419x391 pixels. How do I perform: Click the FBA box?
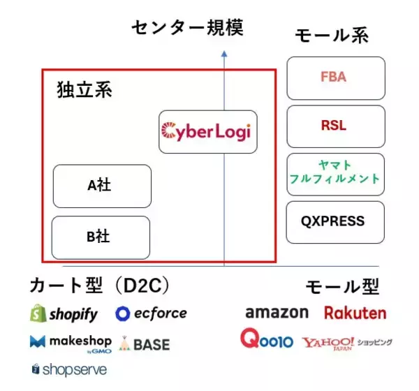click(336, 78)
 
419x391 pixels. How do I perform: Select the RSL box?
click(336, 126)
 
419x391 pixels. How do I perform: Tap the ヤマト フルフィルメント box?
click(336, 174)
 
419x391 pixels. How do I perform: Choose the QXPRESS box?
click(336, 222)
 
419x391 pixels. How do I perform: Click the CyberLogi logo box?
click(208, 131)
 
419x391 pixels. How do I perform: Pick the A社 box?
click(102, 186)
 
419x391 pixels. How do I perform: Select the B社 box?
click(102, 237)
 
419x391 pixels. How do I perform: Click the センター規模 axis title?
click(189, 28)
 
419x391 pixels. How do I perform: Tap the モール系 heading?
click(332, 36)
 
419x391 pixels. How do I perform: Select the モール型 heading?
click(342, 286)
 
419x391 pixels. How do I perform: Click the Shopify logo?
click(64, 313)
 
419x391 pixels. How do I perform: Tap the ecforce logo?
click(152, 313)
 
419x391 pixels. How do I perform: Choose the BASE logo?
click(144, 344)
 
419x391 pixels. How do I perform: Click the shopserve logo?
click(69, 369)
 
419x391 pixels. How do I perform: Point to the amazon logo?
click(277, 312)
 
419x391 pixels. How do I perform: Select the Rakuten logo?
click(355, 312)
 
